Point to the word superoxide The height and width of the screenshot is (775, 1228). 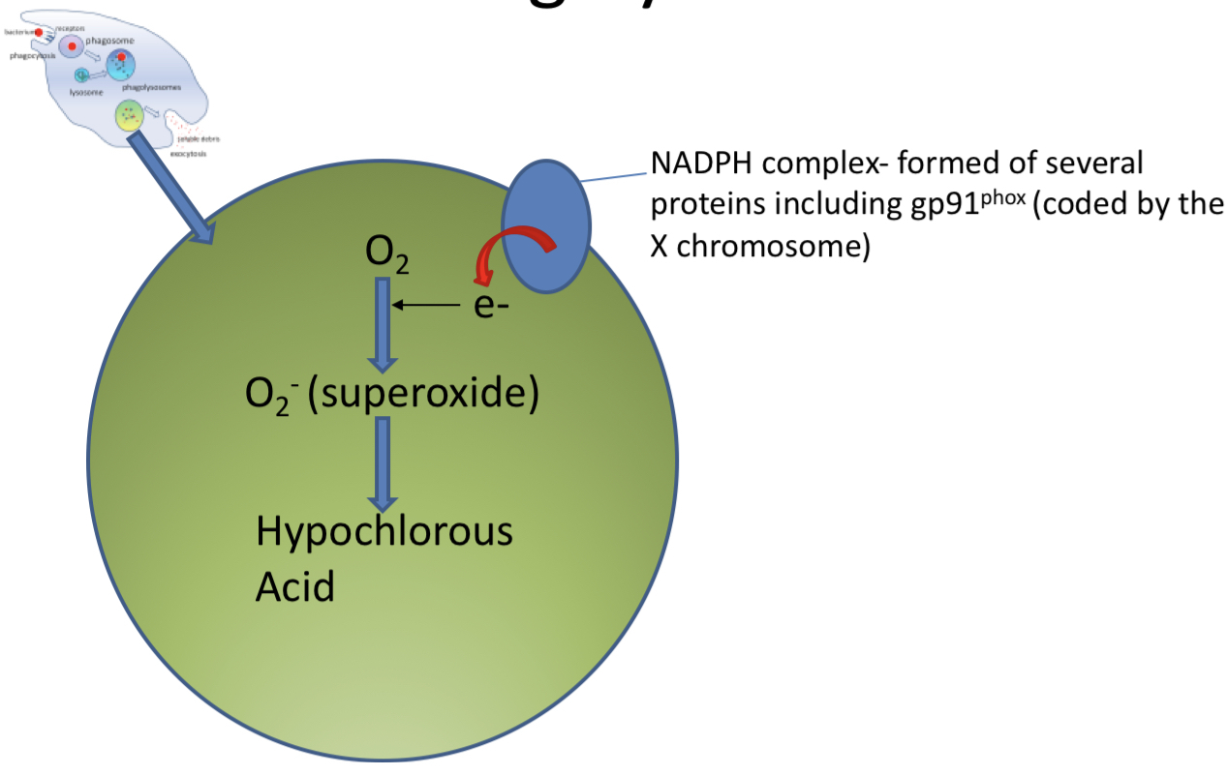pos(422,396)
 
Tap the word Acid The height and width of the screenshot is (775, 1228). pos(294,586)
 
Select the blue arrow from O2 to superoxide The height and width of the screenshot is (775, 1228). pos(384,324)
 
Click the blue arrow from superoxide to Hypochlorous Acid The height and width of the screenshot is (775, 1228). pos(384,463)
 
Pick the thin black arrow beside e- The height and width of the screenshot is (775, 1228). pos(426,306)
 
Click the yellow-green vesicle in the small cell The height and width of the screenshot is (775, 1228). pos(128,115)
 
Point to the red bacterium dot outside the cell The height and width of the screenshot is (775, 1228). pos(38,33)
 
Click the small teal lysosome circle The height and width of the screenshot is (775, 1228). pos(83,75)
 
